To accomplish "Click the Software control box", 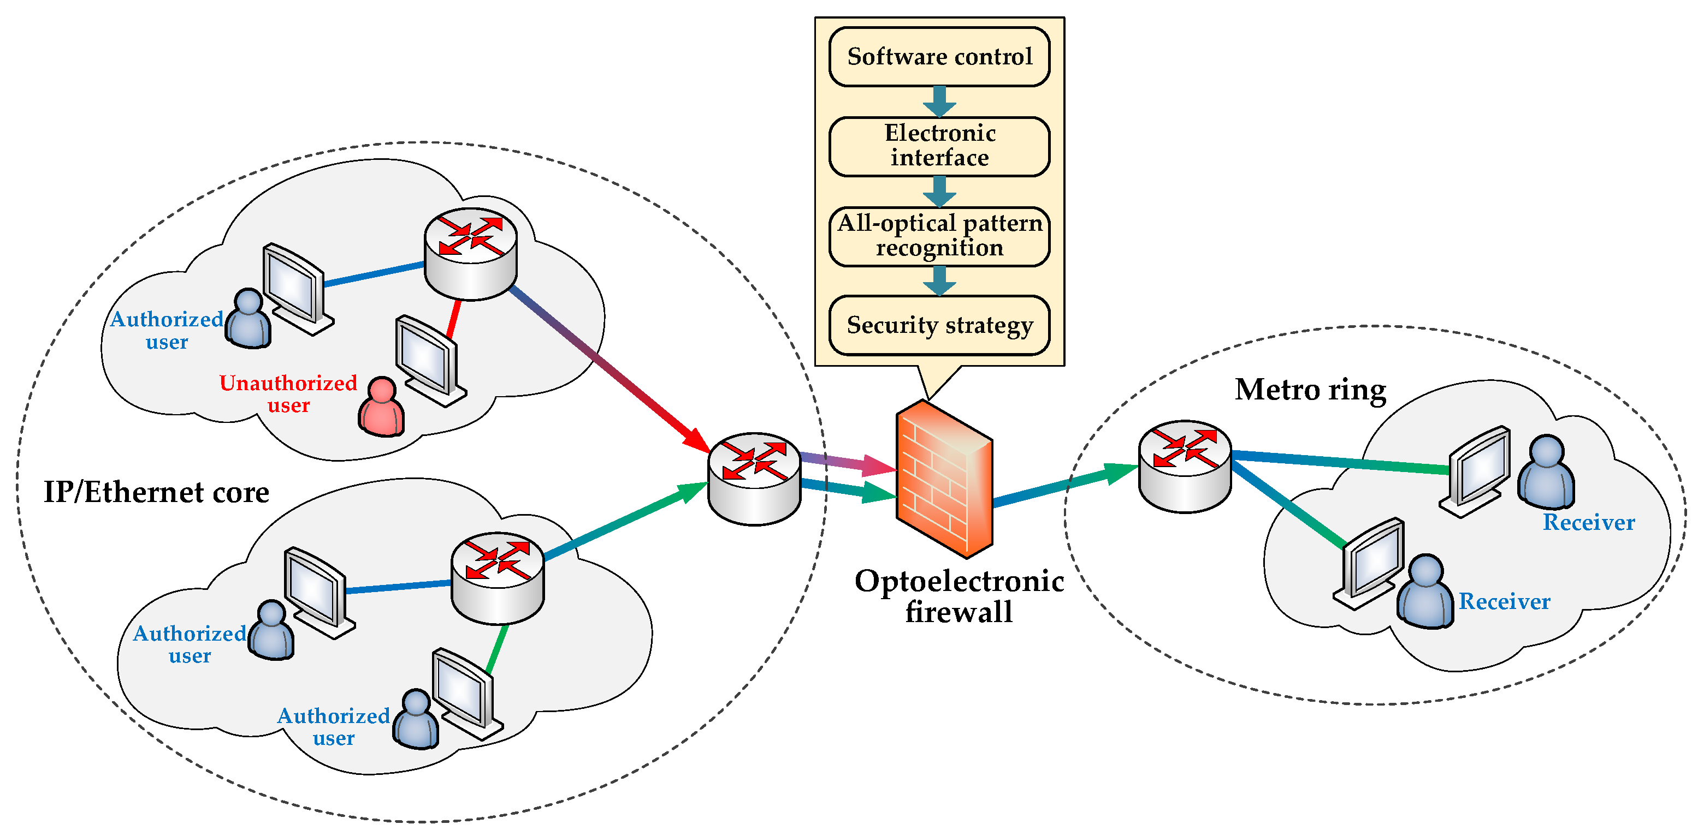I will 939,57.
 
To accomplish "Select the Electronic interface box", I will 939,146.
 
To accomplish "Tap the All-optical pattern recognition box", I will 939,236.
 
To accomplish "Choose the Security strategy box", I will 939,325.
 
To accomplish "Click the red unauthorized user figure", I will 381,408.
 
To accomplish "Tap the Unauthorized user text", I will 288,394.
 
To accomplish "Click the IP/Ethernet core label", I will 156,492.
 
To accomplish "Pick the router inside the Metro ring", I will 1185,466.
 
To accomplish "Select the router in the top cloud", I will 470,254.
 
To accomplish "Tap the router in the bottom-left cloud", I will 497,578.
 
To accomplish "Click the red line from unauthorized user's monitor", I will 453,320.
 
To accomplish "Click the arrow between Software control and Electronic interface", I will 939,101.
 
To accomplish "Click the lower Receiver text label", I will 1504,601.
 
